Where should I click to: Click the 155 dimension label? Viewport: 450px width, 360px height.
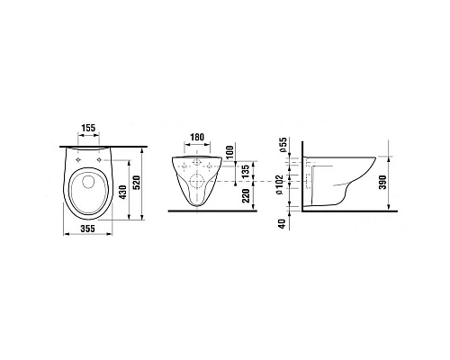[88, 128]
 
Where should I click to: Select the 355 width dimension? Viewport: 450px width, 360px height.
[87, 229]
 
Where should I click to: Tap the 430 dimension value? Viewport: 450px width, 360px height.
[123, 193]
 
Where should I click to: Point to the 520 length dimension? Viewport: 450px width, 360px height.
[137, 184]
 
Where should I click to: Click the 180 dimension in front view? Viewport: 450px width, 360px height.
[197, 137]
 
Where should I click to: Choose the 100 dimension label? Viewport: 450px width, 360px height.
[229, 152]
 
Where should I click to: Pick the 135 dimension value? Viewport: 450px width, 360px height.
[246, 171]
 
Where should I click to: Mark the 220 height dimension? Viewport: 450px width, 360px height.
[246, 195]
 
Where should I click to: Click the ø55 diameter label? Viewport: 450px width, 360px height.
[283, 145]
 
